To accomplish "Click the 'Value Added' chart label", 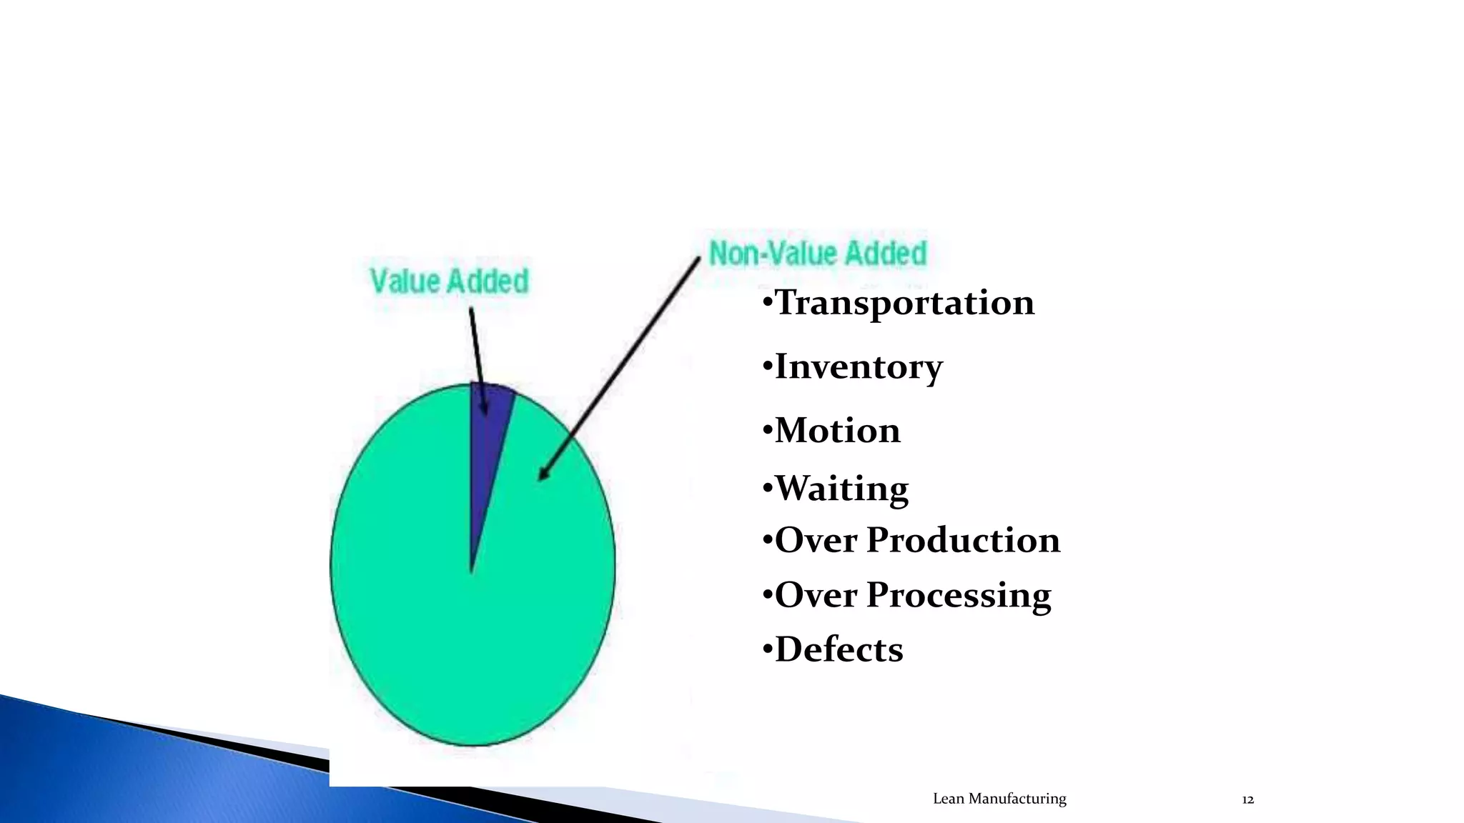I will [x=450, y=281].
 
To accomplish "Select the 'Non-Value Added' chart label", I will [x=818, y=254].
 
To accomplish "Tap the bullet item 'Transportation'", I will [x=904, y=302].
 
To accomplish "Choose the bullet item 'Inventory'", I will [x=858, y=366].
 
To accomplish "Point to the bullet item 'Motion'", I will [x=837, y=430].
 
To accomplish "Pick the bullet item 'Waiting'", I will [x=841, y=489].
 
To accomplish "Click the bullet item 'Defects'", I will [x=839, y=649].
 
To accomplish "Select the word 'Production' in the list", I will [x=963, y=540].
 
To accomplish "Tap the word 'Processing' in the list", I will [x=959, y=595].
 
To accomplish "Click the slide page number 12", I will [x=1247, y=799].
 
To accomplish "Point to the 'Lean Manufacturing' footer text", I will [x=999, y=799].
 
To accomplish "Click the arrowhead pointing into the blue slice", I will [x=485, y=409].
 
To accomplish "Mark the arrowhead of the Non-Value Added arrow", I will [x=543, y=474].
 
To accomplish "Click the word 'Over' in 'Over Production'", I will [x=816, y=540].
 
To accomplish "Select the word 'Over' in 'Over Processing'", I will [x=816, y=595].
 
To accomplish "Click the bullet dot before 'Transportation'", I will [x=767, y=303].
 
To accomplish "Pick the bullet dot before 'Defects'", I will [x=767, y=650].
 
